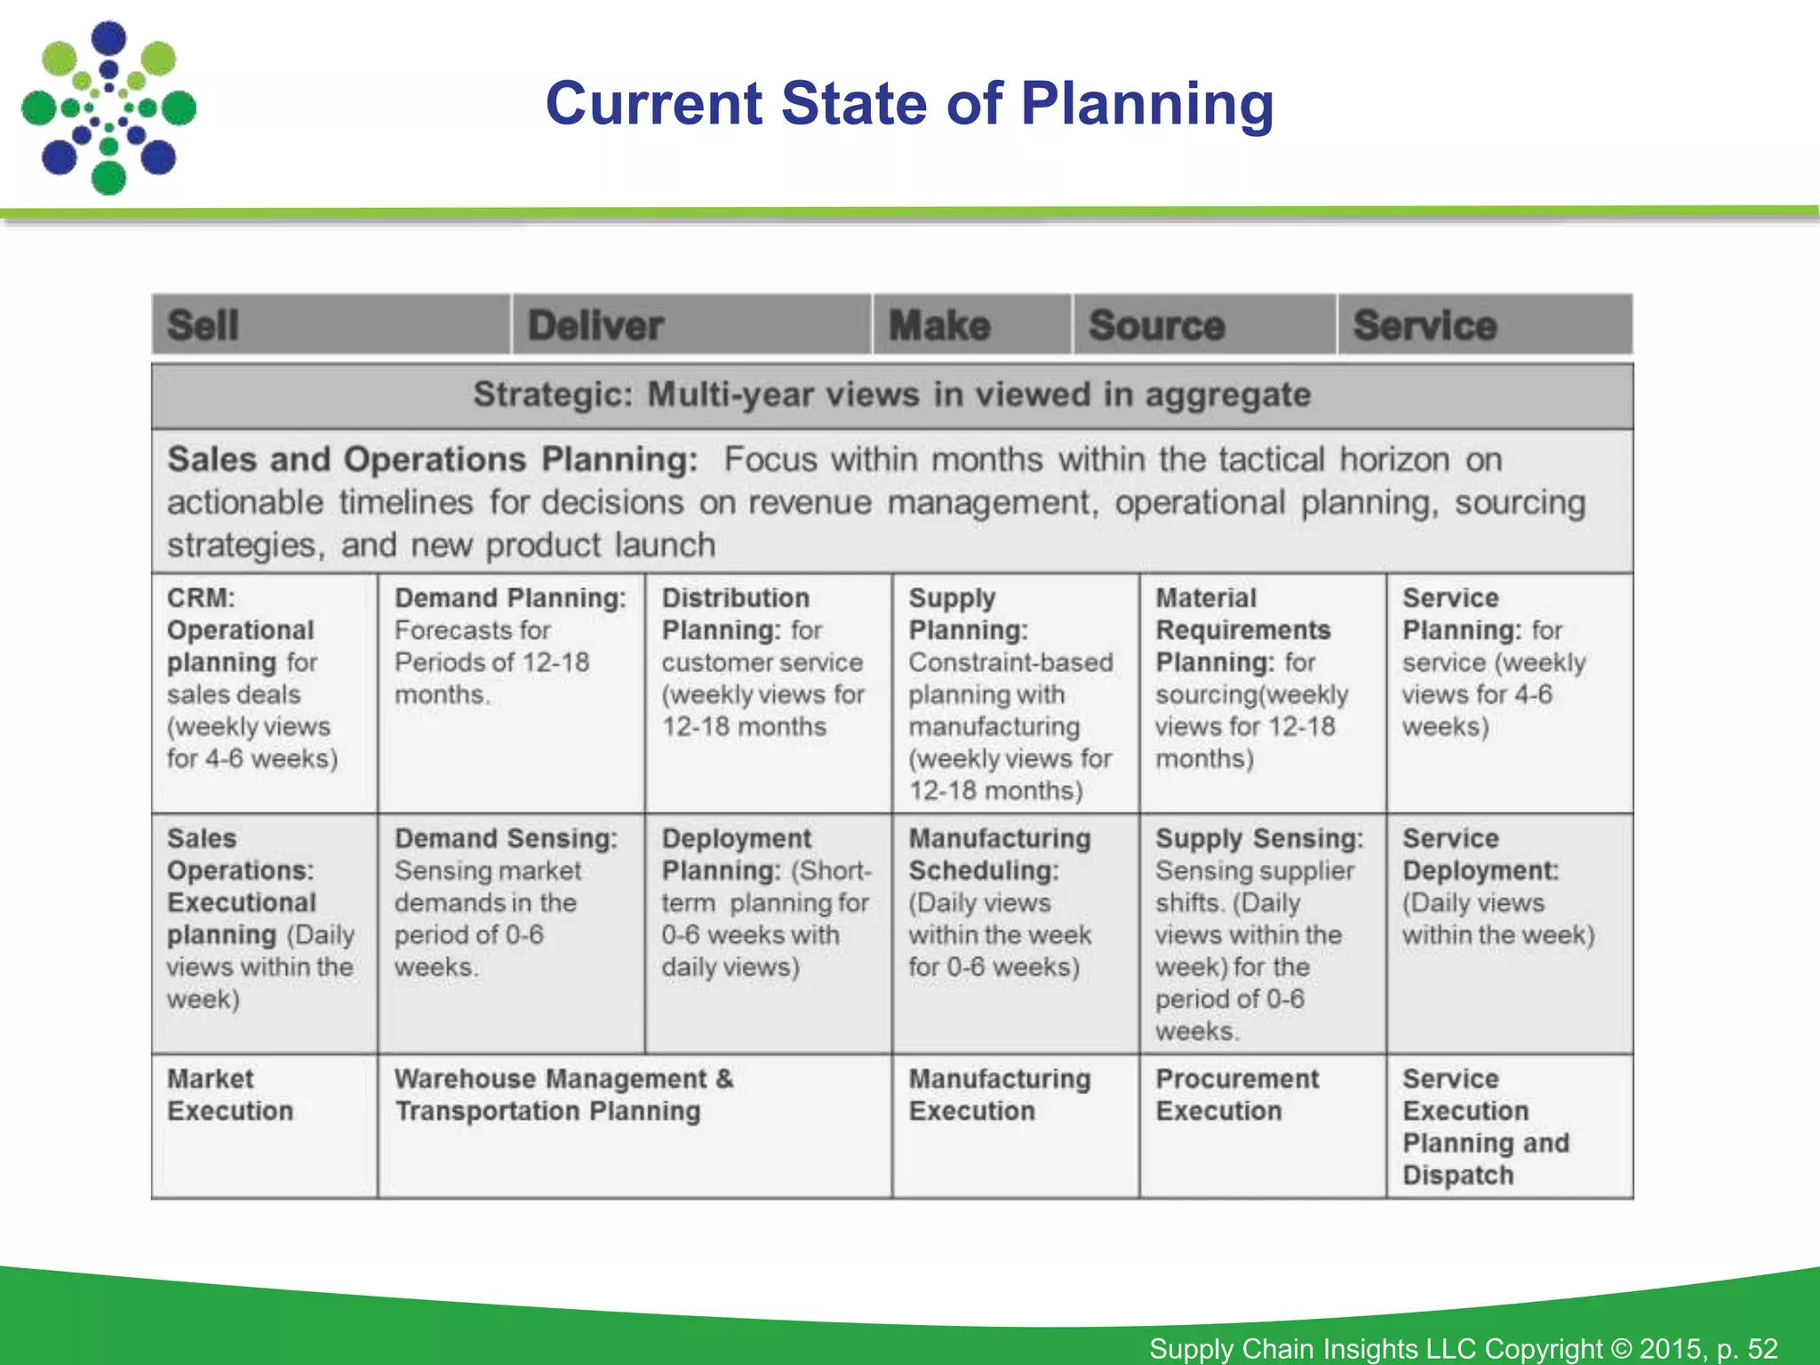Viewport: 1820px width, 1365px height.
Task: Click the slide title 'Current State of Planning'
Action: (x=909, y=104)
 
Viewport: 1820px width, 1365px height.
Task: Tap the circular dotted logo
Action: (x=108, y=108)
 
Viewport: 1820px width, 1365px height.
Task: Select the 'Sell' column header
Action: (x=204, y=325)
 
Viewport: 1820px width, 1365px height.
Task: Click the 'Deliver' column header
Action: (x=595, y=325)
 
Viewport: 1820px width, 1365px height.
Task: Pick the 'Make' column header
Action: (x=939, y=325)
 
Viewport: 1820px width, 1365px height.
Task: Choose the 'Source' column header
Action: (x=1156, y=325)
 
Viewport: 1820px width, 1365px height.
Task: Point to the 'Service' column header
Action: (x=1425, y=325)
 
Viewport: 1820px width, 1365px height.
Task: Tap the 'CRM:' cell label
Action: (x=202, y=598)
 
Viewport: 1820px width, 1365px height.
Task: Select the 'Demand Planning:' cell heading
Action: (x=510, y=598)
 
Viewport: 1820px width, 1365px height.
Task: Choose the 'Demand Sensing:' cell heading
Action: (x=506, y=839)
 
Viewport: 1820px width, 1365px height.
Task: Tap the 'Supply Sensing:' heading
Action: (x=1259, y=839)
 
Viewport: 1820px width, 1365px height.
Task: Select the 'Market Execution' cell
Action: (x=230, y=1095)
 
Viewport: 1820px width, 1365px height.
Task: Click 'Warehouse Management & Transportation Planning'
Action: (x=563, y=1095)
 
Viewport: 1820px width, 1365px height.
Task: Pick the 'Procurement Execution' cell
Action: (x=1237, y=1095)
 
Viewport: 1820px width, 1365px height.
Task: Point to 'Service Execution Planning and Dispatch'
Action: (x=1486, y=1127)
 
